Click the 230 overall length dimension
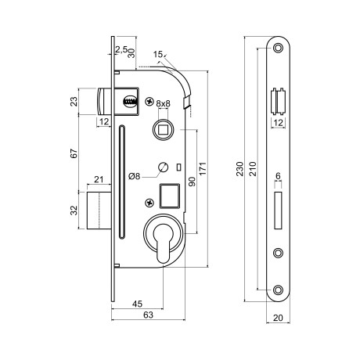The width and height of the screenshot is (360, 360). coord(240,169)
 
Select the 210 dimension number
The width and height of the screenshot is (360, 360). coord(253,169)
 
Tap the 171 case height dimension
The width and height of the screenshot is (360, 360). coord(203,168)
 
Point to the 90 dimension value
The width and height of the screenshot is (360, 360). coord(192,182)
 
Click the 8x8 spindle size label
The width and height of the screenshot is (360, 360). coord(163,103)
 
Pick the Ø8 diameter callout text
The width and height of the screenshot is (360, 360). coord(135,176)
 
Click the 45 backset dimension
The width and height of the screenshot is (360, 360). coord(137,304)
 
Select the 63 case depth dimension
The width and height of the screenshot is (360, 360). coord(148,315)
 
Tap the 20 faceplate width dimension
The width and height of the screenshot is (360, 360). coord(278,318)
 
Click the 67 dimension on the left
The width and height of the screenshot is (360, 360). coord(74,153)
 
